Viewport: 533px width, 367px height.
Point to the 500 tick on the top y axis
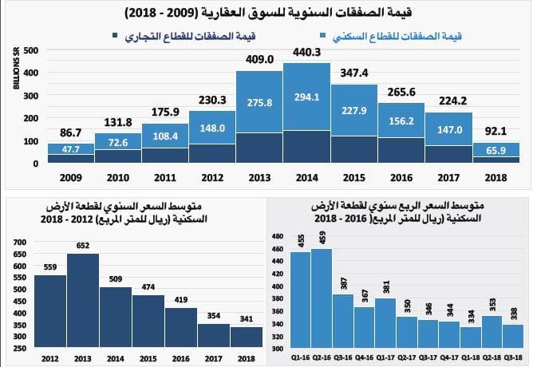click(30, 50)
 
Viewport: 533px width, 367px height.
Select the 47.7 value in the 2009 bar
click(71, 148)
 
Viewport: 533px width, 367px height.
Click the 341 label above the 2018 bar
click(246, 319)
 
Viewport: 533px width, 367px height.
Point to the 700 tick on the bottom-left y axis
click(20, 242)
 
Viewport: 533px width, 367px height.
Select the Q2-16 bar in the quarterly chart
click(322, 299)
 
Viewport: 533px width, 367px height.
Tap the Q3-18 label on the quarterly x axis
click(514, 357)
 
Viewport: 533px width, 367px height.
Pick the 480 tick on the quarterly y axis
click(278, 237)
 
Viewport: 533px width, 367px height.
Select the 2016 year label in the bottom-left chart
click(180, 357)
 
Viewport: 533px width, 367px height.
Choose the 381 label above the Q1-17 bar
click(387, 286)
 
